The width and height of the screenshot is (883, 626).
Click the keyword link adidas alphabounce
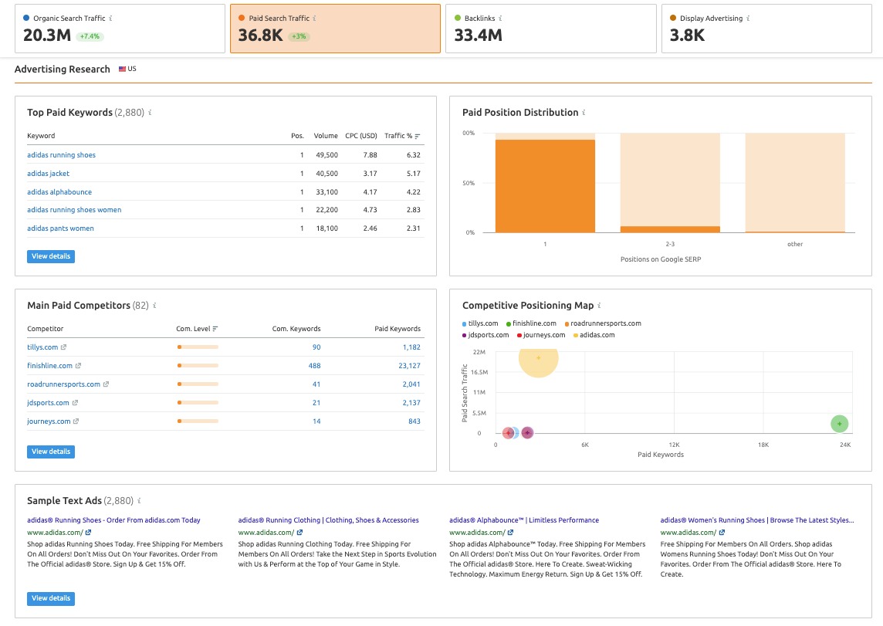click(59, 191)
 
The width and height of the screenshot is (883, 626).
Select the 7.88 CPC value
click(370, 155)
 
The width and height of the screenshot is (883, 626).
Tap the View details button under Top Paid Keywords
click(51, 256)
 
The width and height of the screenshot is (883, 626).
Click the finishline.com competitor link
click(49, 366)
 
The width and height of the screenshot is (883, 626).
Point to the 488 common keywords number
click(315, 366)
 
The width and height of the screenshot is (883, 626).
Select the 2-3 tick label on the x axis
click(670, 244)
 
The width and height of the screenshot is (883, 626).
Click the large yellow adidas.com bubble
click(538, 358)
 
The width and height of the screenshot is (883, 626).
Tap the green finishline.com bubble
click(840, 424)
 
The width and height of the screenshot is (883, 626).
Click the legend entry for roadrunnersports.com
click(606, 323)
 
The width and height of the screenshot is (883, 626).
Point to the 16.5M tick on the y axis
click(479, 372)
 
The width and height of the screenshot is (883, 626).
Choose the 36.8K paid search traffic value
click(260, 36)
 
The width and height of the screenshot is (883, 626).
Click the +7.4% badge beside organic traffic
click(90, 36)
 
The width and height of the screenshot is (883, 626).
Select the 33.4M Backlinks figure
click(478, 36)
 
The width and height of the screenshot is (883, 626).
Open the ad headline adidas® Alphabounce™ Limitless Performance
click(524, 520)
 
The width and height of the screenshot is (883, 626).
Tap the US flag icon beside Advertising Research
click(122, 69)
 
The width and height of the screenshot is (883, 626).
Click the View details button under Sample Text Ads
click(51, 598)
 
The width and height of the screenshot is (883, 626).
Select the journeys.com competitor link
click(49, 421)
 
